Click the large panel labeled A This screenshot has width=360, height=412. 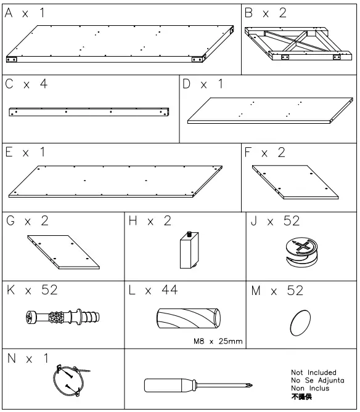click(x=120, y=44)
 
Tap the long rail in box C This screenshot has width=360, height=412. click(x=90, y=111)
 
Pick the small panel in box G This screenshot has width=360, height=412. click(x=63, y=253)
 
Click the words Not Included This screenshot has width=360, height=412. click(x=313, y=373)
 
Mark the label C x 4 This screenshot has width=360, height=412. click(x=26, y=84)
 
